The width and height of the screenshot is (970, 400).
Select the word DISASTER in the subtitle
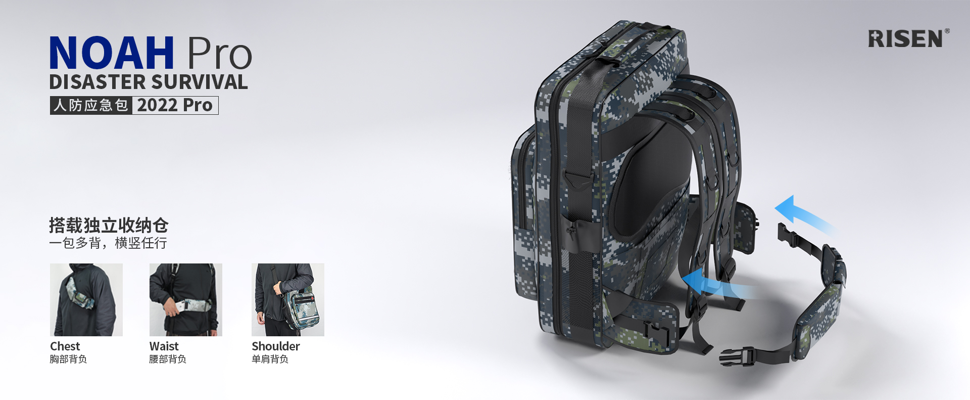pyautogui.click(x=97, y=82)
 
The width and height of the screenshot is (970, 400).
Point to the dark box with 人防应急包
pyautogui.click(x=91, y=105)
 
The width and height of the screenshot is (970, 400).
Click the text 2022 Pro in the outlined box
pyautogui.click(x=175, y=105)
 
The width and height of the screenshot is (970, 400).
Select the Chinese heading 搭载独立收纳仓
pyautogui.click(x=109, y=225)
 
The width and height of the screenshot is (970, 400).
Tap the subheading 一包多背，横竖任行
pyautogui.click(x=108, y=243)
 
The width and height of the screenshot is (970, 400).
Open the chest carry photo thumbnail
pyautogui.click(x=86, y=300)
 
